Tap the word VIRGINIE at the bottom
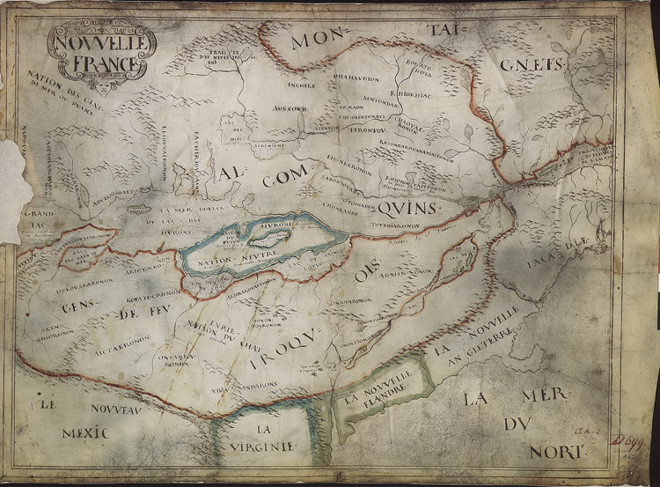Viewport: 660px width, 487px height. coord(262,446)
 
